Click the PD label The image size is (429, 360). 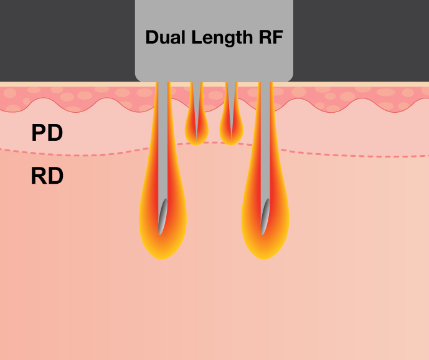click(x=47, y=133)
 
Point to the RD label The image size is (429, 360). click(x=47, y=177)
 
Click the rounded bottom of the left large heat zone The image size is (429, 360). click(x=162, y=252)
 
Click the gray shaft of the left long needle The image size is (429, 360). click(x=163, y=143)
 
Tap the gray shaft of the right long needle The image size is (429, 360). click(x=265, y=143)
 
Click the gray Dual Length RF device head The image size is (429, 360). click(x=214, y=62)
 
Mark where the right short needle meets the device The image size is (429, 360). click(x=231, y=83)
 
